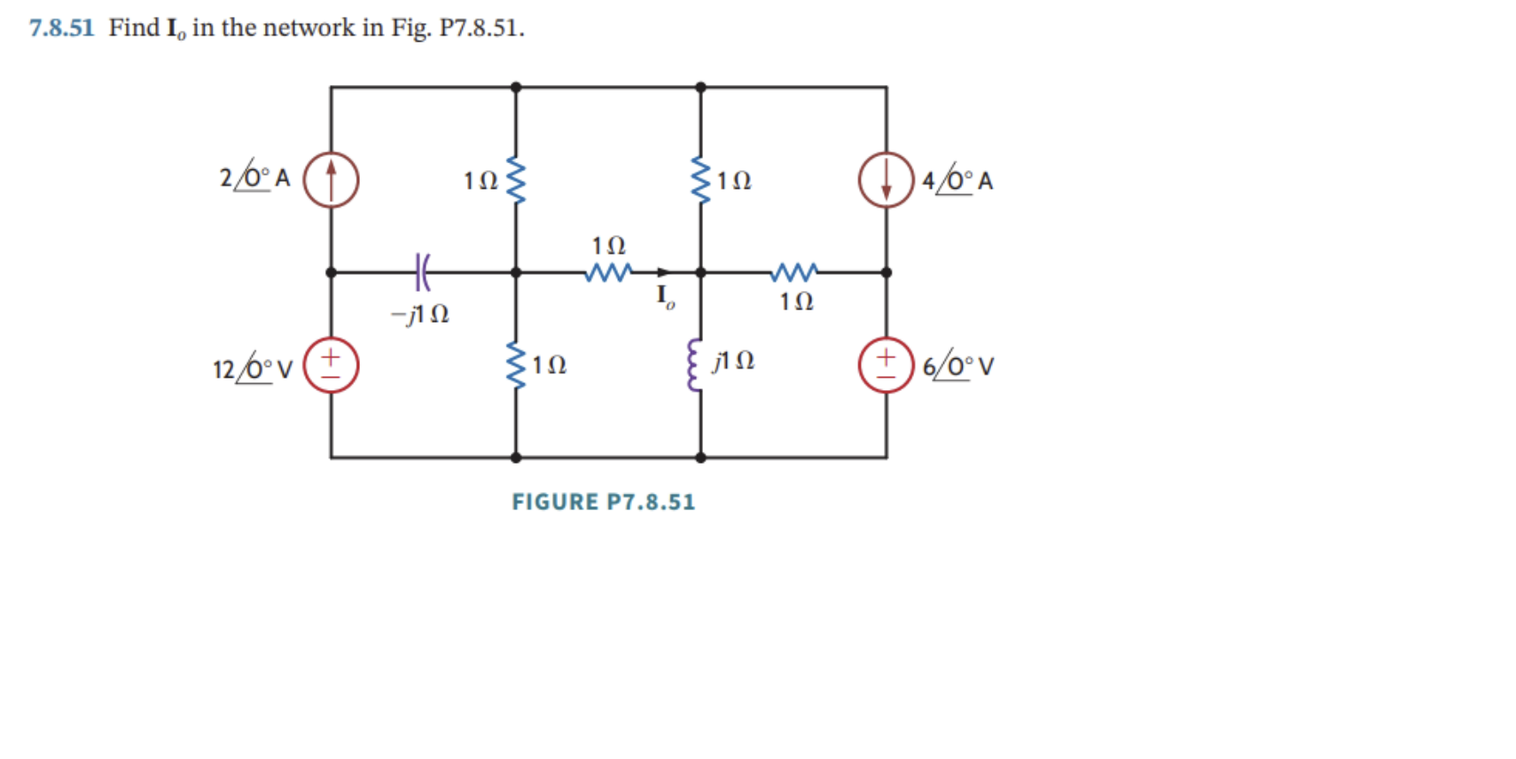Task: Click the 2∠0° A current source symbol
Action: (x=331, y=180)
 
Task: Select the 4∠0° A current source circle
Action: (x=886, y=180)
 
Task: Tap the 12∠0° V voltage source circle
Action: (x=331, y=365)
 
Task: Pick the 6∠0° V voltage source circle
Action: (x=886, y=365)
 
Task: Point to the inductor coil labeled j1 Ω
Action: (x=695, y=365)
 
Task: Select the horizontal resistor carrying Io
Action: (x=608, y=272)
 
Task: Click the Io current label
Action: (x=665, y=296)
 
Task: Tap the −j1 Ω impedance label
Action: (x=420, y=314)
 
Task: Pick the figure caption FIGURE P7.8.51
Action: (x=603, y=502)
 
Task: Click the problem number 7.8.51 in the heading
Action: (x=61, y=27)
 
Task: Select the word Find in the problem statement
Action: (x=134, y=27)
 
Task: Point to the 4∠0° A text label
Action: (x=957, y=180)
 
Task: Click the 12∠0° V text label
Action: (x=253, y=367)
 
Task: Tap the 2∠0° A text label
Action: (x=255, y=177)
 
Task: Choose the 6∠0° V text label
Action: (x=958, y=366)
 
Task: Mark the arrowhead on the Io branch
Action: (x=662, y=272)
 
